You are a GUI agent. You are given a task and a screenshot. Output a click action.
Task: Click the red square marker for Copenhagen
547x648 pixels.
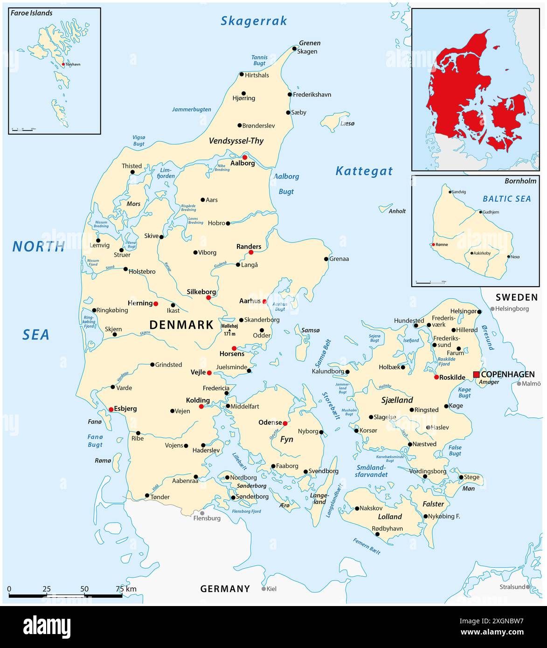click(x=476, y=375)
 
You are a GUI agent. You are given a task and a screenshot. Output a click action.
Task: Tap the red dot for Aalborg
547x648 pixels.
click(x=244, y=158)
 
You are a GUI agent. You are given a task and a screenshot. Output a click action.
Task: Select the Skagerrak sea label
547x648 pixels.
click(x=254, y=21)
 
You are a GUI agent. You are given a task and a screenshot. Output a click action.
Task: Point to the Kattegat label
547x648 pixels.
click(x=364, y=171)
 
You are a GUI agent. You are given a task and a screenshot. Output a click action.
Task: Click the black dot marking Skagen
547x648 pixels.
click(x=294, y=48)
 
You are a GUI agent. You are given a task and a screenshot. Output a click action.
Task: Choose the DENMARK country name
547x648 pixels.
click(x=181, y=325)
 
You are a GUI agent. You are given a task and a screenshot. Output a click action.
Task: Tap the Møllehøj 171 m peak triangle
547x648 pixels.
click(x=229, y=331)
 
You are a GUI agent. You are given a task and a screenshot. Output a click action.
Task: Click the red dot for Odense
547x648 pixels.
click(x=285, y=423)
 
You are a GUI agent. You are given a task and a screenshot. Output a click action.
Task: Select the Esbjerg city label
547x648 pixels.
click(x=125, y=409)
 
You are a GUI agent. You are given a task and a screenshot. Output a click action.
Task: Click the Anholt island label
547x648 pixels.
click(x=397, y=211)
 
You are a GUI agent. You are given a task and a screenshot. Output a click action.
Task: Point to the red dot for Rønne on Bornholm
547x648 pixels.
click(x=433, y=244)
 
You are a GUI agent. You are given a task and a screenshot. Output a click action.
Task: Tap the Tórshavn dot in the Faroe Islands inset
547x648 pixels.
click(x=63, y=64)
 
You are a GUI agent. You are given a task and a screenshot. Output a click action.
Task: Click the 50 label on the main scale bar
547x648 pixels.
click(x=84, y=589)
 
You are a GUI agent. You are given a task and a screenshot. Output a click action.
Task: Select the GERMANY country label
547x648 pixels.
click(x=225, y=589)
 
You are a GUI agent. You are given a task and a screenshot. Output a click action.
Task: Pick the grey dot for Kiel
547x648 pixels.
click(x=263, y=589)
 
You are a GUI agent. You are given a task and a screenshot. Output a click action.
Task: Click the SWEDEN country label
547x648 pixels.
click(x=517, y=297)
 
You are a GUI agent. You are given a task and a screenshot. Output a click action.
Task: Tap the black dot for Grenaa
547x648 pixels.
click(x=326, y=259)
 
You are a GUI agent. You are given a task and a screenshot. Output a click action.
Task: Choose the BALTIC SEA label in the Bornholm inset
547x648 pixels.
click(x=506, y=199)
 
